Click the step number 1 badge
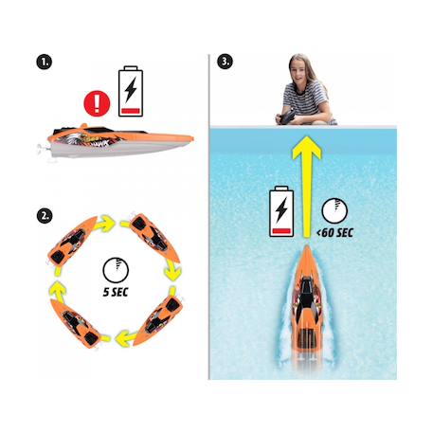45,62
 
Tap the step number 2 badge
45,216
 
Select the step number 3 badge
225,62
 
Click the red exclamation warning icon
97,103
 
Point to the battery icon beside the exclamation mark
131,91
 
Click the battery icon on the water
281,211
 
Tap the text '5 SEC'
116,292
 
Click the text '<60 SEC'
334,233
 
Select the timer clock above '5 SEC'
116,270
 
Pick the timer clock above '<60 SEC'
334,211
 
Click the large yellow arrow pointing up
306,187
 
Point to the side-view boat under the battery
117,141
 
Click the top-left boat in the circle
72,241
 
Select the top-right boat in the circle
154,238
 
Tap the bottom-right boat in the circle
158,320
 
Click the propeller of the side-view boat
41,149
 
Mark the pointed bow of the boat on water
306,246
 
